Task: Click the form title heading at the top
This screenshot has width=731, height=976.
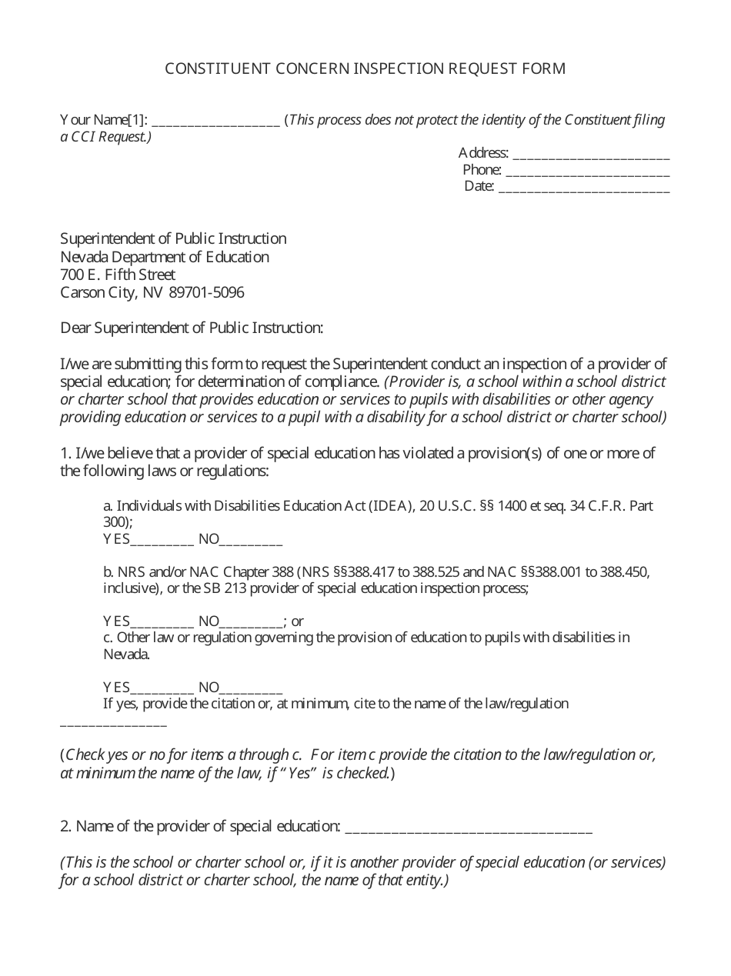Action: point(365,69)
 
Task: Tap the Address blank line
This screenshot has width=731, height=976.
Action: point(590,155)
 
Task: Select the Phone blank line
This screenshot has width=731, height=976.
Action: point(587,172)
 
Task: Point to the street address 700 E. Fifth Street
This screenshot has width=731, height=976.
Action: point(118,275)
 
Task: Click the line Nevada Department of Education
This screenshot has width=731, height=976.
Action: point(165,257)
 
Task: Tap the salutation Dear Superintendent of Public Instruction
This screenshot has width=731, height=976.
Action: point(192,328)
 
